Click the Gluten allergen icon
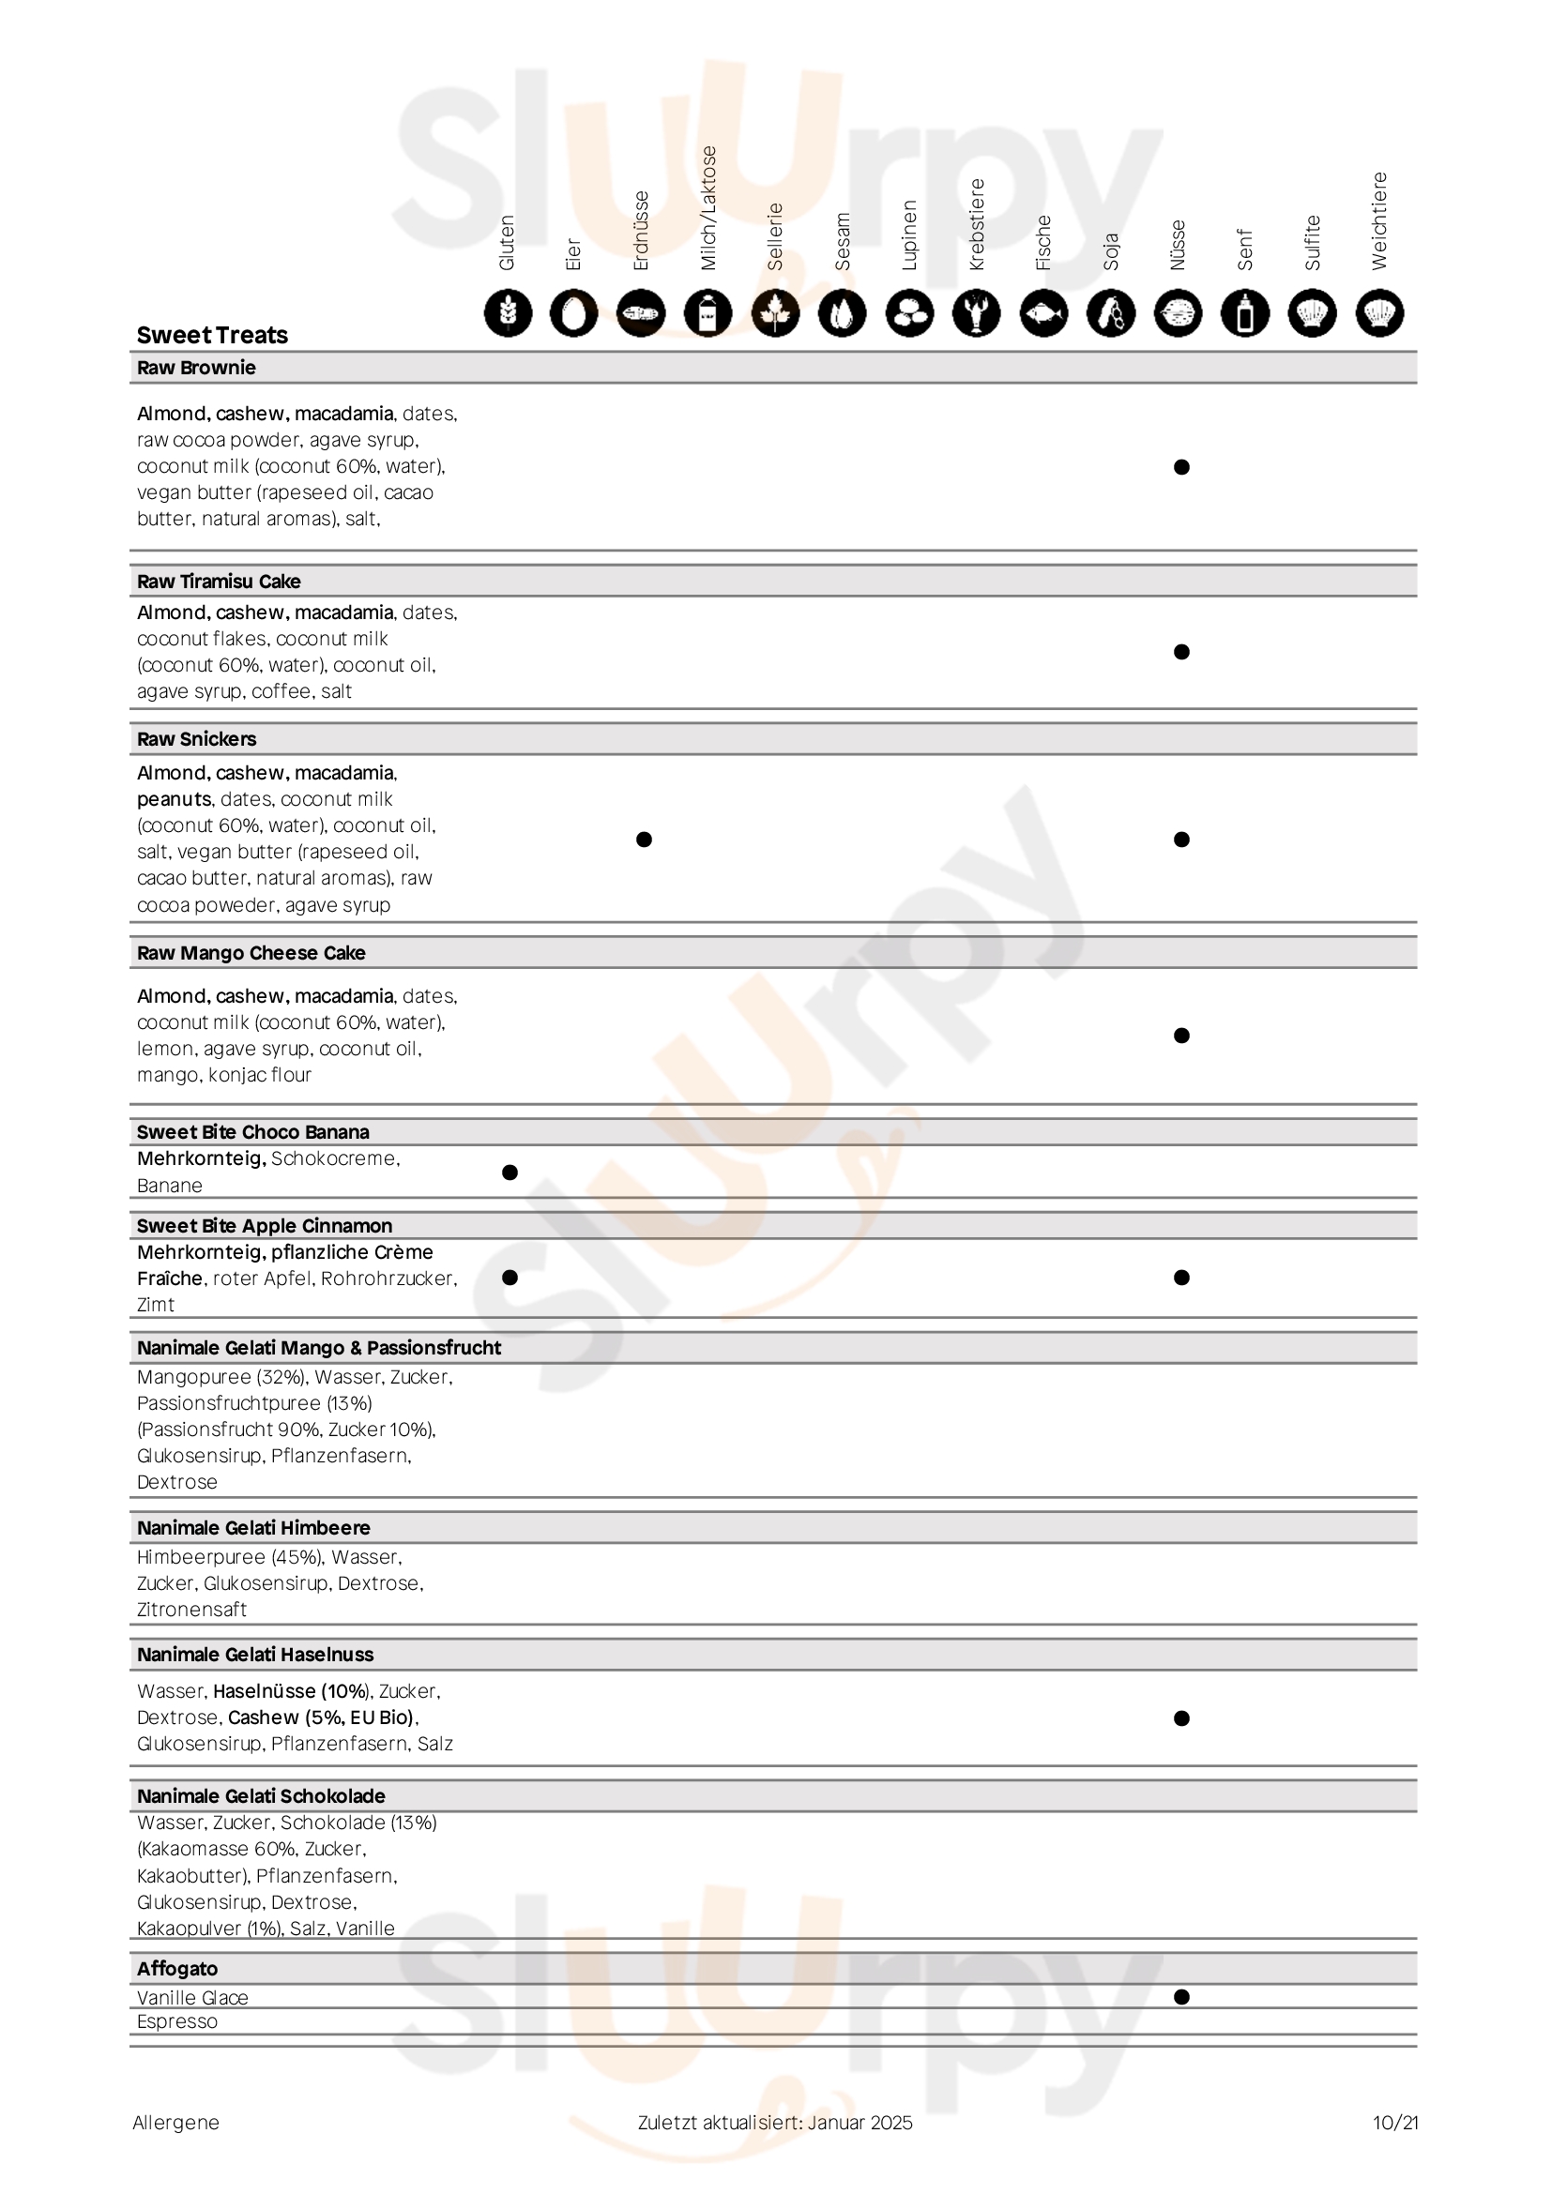pos(508,313)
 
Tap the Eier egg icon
pos(574,313)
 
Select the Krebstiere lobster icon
pos(977,313)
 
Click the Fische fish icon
pos(1043,313)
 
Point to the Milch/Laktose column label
pos(708,208)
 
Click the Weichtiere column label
pos(1379,221)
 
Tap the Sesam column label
pos(842,242)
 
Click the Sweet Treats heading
pos(212,336)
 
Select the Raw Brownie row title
pos(196,368)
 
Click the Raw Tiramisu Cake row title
pos(219,582)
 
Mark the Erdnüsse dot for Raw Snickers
pos(644,840)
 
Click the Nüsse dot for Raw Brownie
pos(1181,467)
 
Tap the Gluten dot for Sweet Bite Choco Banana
pos(510,1173)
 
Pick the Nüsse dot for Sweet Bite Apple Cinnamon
pos(1181,1278)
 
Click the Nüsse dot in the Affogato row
pos(1181,1997)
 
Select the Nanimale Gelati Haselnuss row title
pos(255,1655)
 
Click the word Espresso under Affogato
pos(176,2022)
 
